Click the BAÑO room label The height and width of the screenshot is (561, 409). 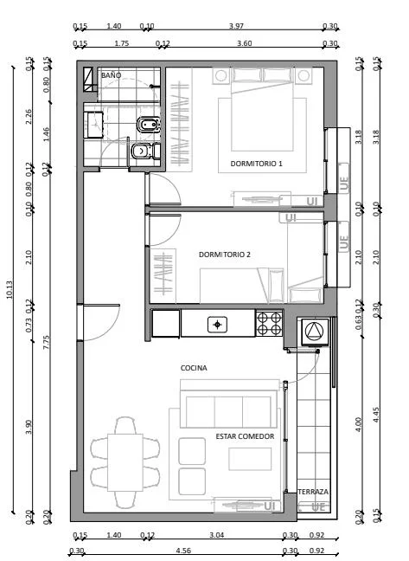111,75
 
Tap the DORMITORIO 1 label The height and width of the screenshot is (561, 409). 256,164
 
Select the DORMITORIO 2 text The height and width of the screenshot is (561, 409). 224,255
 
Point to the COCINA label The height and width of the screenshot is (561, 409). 194,368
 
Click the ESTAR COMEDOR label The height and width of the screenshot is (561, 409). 245,436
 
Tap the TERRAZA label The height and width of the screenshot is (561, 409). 313,492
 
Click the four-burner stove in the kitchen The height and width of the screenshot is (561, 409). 269,324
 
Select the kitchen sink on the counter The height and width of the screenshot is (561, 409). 218,325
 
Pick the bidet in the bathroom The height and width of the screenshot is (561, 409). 148,126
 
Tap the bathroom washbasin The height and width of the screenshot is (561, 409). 93,125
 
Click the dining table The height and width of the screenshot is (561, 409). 125,462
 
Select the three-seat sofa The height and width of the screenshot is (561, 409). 229,409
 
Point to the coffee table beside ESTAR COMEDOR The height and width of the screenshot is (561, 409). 250,459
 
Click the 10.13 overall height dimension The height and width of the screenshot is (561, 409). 10,289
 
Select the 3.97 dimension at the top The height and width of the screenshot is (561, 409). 236,26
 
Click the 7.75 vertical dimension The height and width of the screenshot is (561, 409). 46,342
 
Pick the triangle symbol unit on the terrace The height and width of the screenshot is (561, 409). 315,332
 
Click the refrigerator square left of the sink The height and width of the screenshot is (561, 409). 166,324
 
